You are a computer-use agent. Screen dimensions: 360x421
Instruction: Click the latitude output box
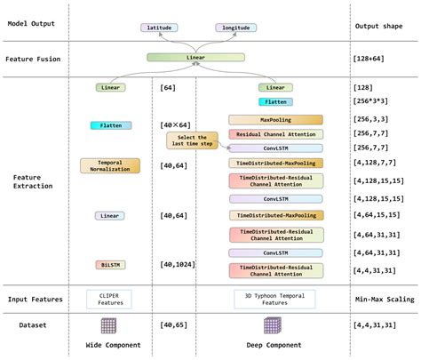[x=160, y=28]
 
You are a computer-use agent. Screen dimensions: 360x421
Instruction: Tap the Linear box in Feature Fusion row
[x=196, y=58]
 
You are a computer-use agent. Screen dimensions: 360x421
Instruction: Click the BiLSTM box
[x=110, y=265]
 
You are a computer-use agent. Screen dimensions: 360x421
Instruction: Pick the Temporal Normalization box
[x=110, y=164]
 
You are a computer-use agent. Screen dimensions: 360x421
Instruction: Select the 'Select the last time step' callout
[x=192, y=141]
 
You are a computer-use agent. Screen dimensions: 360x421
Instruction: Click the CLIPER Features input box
[x=110, y=299]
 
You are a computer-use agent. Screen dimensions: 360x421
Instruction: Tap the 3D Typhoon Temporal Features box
[x=275, y=299]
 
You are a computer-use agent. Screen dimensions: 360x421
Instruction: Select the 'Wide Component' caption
[x=111, y=345]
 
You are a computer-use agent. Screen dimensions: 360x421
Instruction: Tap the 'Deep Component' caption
[x=275, y=345]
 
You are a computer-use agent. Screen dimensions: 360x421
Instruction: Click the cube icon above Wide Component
[x=111, y=325]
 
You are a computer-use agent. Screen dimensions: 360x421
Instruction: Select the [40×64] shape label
[x=175, y=125]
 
